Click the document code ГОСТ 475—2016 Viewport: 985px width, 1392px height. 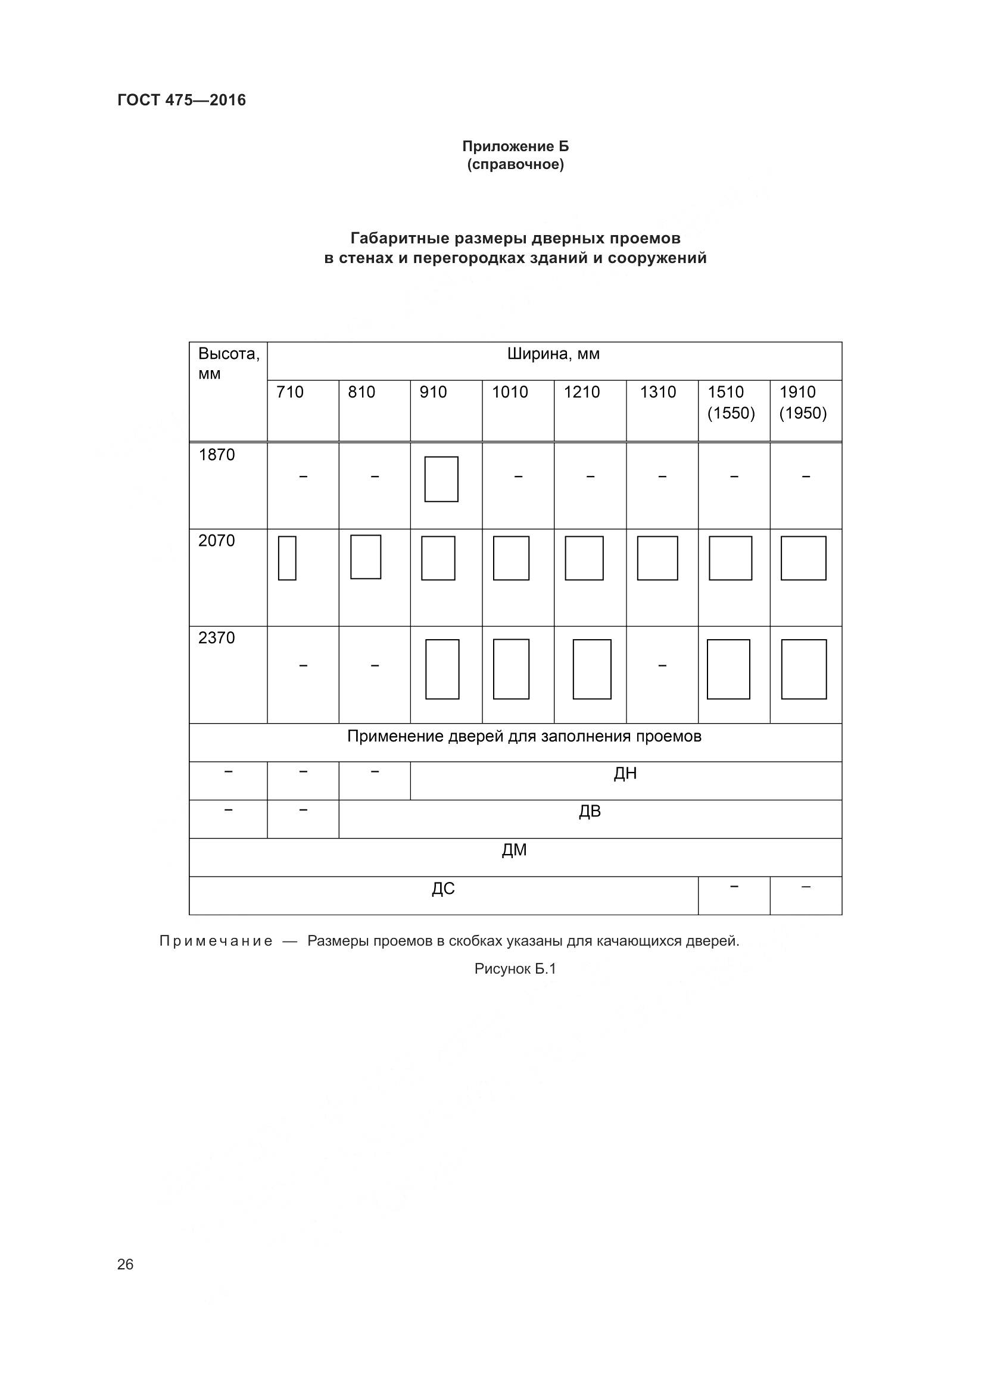coord(182,100)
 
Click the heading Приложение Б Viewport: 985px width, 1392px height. coord(515,146)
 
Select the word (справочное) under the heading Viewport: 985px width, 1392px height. coord(515,165)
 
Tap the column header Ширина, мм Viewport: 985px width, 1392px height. coord(553,354)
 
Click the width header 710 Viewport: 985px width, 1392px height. coord(289,392)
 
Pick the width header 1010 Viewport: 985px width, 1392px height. coord(510,392)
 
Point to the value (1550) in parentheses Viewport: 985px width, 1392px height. coord(731,414)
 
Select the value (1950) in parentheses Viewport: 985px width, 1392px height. coord(803,414)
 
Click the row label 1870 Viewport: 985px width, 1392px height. coord(217,455)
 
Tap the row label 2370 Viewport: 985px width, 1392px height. coord(217,638)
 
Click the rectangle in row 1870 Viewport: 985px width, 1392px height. coord(441,479)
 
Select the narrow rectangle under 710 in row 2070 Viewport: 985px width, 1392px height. coord(287,558)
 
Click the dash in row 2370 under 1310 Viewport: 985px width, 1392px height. coord(662,666)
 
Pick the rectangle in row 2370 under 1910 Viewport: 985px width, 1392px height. coord(803,669)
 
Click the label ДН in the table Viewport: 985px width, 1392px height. coord(625,774)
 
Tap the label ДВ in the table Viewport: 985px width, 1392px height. coord(590,811)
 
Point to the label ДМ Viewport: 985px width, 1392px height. coord(515,850)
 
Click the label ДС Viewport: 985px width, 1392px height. coord(442,889)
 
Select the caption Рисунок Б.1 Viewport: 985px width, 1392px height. coord(515,969)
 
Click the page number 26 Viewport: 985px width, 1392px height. coord(125,1264)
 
